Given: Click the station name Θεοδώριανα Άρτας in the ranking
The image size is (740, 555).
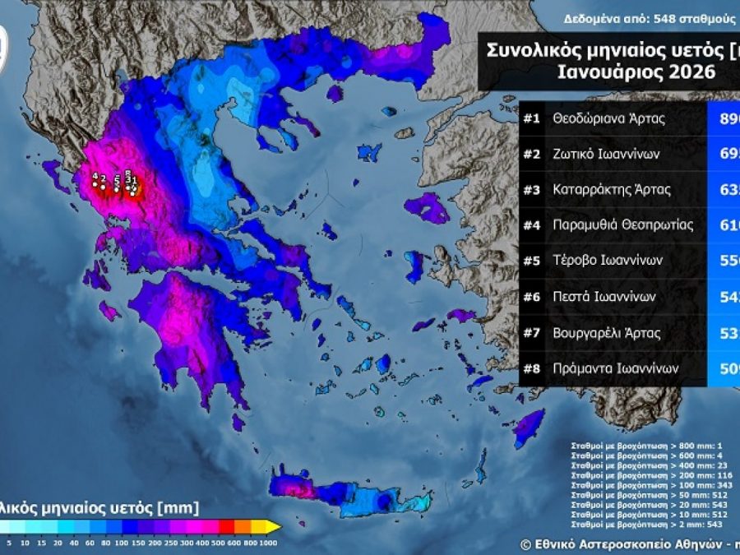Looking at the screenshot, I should tap(609, 118).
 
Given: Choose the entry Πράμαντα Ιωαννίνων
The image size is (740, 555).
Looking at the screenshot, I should tap(617, 369).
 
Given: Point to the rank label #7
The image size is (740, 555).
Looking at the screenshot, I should tap(531, 333).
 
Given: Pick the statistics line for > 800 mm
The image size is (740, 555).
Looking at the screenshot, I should tap(647, 445).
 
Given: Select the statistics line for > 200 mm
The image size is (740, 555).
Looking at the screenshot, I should tap(647, 474).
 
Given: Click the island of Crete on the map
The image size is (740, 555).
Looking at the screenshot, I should tap(354, 493).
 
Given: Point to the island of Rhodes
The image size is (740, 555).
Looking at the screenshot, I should tap(530, 428).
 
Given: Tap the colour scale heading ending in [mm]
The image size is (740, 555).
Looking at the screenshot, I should tap(99, 508).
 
